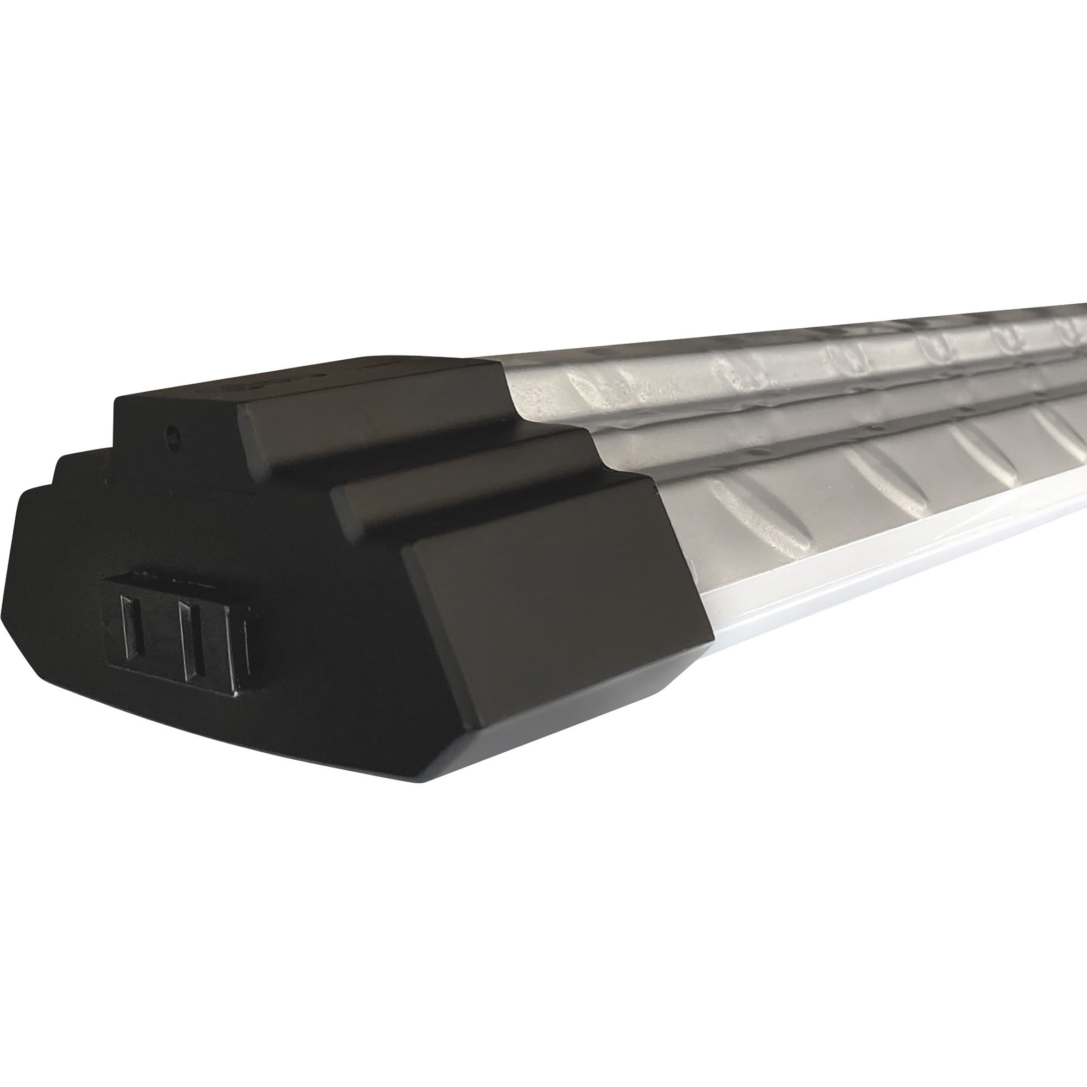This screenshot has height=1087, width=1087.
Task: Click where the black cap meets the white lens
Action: pos(710,641)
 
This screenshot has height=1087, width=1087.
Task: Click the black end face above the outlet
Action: pos(197,523)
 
